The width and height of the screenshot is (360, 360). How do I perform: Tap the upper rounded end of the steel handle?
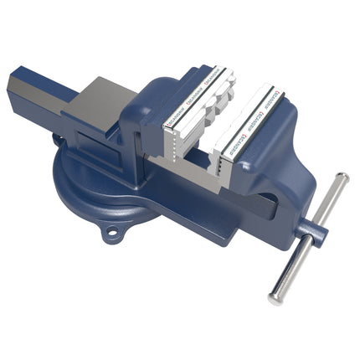click(342, 177)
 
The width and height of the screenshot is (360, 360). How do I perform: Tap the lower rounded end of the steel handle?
click(275, 297)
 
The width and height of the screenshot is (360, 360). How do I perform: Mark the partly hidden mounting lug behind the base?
click(57, 137)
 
